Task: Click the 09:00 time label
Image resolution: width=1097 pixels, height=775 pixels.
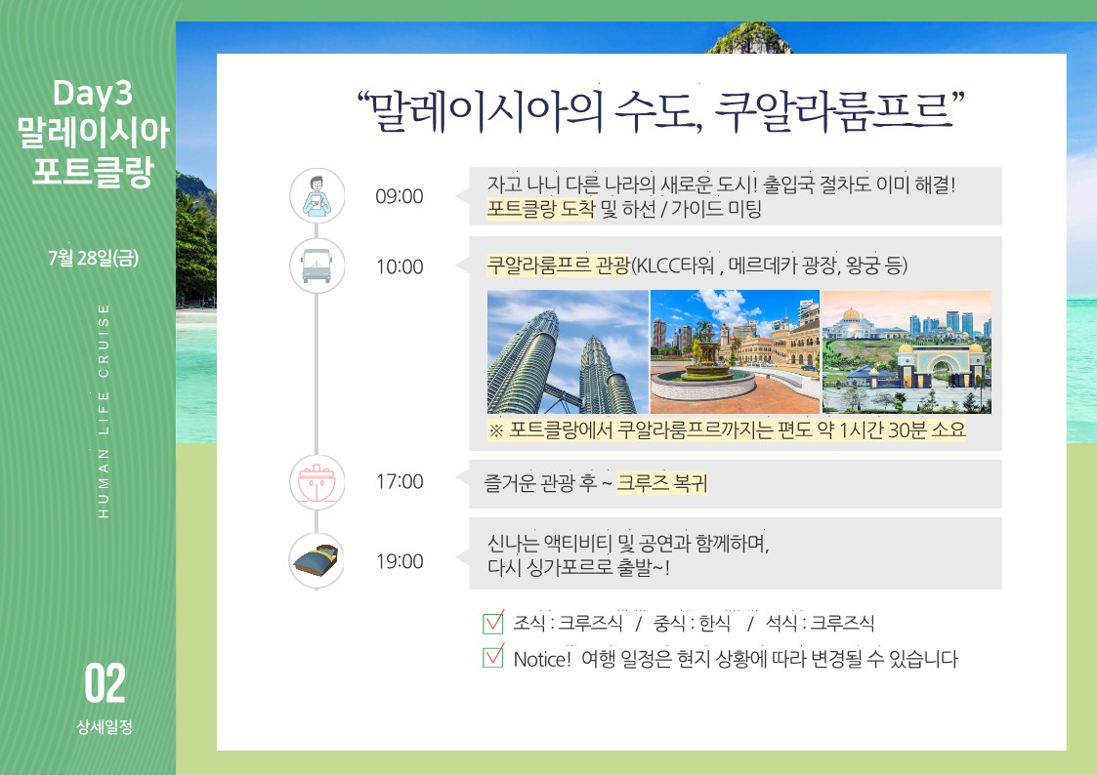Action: tap(399, 196)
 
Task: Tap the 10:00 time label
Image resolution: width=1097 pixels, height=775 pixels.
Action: tap(400, 266)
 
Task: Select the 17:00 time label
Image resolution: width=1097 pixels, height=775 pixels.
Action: tap(400, 481)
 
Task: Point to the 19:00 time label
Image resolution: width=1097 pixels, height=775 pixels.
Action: tap(400, 561)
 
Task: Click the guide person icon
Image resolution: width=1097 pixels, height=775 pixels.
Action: tap(316, 195)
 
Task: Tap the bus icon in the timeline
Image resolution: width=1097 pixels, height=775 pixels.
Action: tap(316, 265)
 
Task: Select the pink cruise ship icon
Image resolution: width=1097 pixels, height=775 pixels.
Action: tap(316, 482)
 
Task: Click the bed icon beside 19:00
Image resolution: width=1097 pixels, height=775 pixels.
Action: tap(316, 559)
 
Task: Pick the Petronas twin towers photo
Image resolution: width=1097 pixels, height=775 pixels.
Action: tap(568, 352)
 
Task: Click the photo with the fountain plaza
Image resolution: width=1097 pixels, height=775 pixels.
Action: tap(735, 352)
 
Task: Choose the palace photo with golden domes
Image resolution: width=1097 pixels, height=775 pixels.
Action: tap(907, 352)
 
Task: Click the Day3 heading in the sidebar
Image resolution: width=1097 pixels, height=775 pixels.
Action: tap(93, 94)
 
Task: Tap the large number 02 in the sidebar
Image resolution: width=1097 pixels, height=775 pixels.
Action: tap(105, 683)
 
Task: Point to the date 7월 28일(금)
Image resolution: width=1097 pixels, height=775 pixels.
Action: tap(93, 258)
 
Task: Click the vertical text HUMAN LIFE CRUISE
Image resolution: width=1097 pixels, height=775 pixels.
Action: tap(104, 411)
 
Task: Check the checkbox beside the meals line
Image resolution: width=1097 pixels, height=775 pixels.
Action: tap(493, 622)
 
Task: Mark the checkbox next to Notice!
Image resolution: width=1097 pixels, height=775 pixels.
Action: tap(493, 656)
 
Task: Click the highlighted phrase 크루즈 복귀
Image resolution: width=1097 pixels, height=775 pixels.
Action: tap(662, 483)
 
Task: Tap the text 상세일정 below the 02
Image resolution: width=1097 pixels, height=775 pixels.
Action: tap(105, 727)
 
